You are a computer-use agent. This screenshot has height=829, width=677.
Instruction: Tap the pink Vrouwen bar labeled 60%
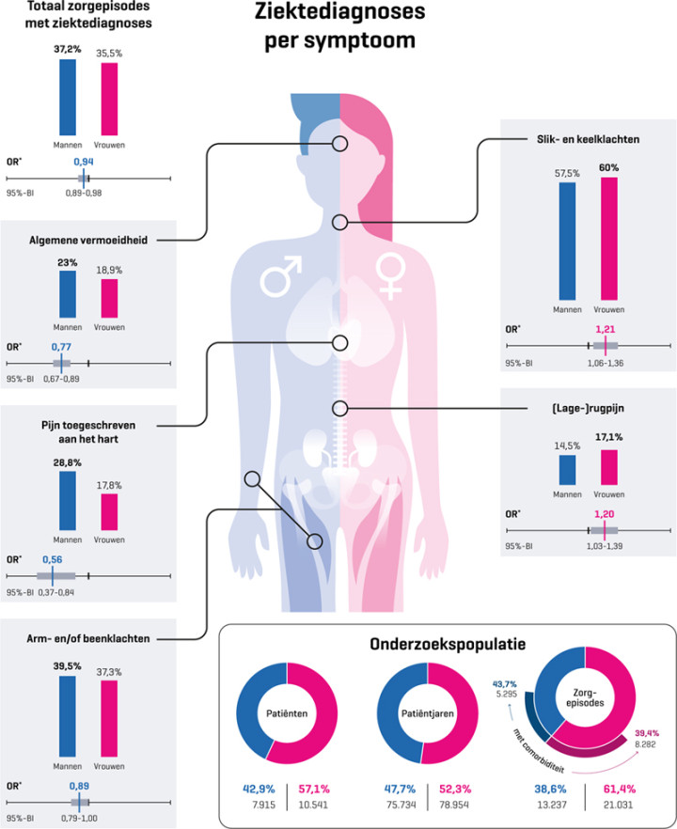[x=608, y=240]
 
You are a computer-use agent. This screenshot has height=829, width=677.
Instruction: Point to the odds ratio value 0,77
[x=62, y=347]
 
